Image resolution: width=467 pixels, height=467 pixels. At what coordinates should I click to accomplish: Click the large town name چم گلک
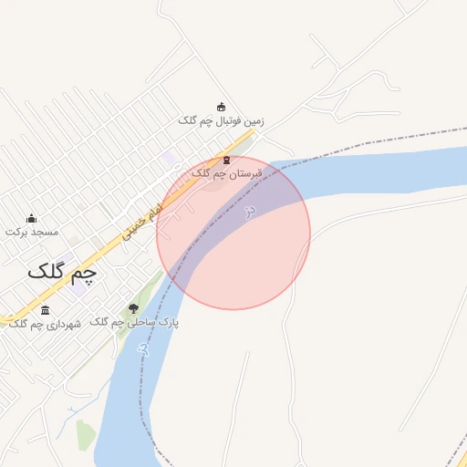coord(62,271)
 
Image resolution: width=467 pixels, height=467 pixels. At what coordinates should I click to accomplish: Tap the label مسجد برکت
coord(32,232)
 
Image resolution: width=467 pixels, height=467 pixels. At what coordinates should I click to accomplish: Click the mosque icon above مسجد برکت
coord(32,218)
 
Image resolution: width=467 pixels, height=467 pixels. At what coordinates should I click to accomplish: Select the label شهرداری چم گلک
coord(44,324)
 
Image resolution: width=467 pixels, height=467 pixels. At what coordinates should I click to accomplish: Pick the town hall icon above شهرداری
coord(46,310)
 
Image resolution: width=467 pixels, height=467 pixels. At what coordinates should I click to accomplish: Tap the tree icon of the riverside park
coord(134,309)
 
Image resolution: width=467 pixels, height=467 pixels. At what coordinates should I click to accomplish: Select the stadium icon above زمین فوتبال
coord(221,107)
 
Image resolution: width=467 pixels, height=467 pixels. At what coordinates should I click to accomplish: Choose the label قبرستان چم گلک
coord(226,172)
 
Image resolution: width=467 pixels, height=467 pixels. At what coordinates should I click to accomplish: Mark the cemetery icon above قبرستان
coord(226,160)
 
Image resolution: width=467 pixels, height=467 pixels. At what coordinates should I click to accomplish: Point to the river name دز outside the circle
coord(142,348)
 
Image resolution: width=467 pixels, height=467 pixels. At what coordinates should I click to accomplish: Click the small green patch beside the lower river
coord(86,436)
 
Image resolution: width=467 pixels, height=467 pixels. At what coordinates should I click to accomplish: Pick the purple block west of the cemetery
coord(170,159)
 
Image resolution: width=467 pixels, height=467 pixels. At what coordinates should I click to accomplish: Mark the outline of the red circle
coord(310,233)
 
